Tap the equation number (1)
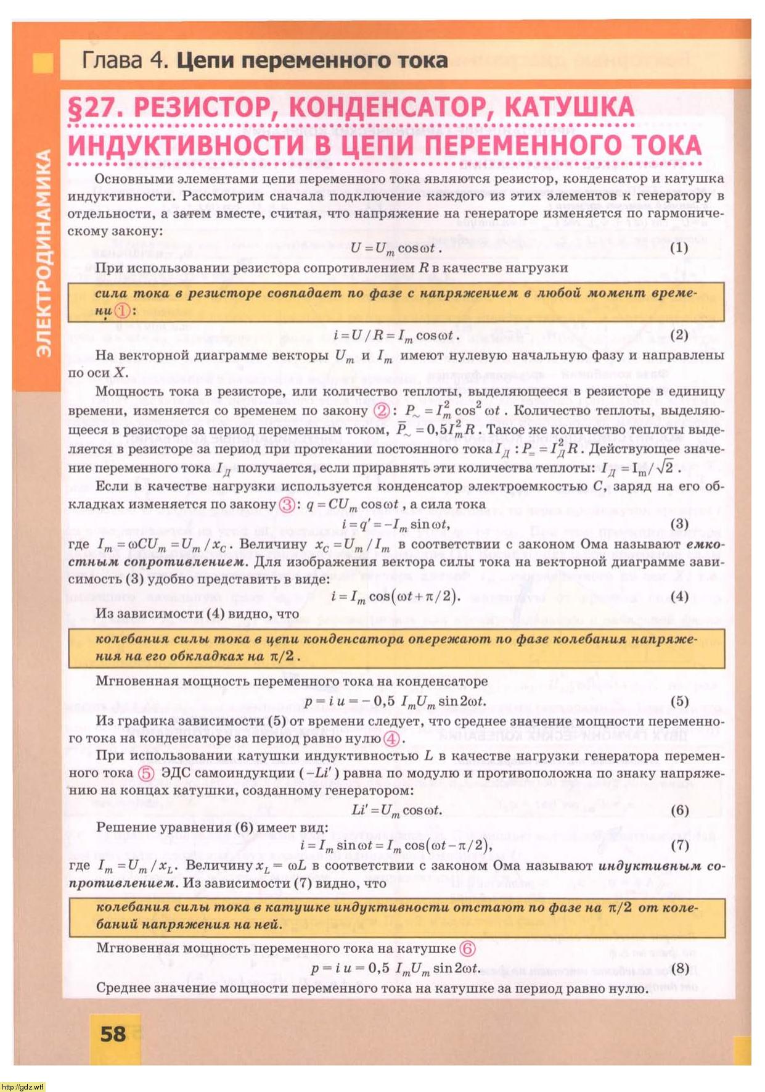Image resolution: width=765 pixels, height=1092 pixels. [x=679, y=247]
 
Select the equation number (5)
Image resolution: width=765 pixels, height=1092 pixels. [x=679, y=701]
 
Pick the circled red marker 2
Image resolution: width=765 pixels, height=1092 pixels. [x=382, y=410]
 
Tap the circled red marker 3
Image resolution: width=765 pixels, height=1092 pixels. [x=287, y=504]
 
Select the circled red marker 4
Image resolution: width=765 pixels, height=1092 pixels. [x=391, y=738]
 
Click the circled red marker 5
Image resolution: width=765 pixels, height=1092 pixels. [x=145, y=773]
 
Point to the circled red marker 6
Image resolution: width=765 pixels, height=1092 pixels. [x=468, y=948]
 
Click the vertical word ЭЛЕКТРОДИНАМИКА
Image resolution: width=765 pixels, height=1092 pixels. [x=43, y=253]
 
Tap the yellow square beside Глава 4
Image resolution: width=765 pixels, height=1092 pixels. [x=43, y=62]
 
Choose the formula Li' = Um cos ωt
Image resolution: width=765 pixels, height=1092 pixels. [x=396, y=810]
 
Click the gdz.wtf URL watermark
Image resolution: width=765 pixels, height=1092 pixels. [x=23, y=1086]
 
